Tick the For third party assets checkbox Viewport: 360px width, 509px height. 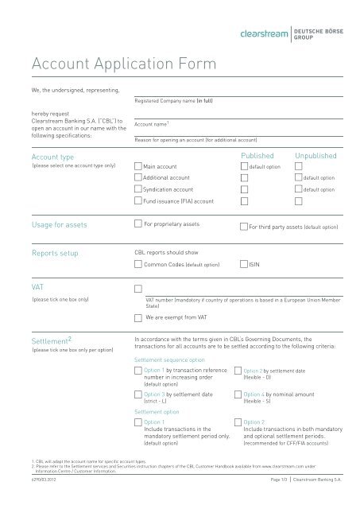coord(243,227)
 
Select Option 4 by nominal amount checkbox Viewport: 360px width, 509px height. coord(237,394)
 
